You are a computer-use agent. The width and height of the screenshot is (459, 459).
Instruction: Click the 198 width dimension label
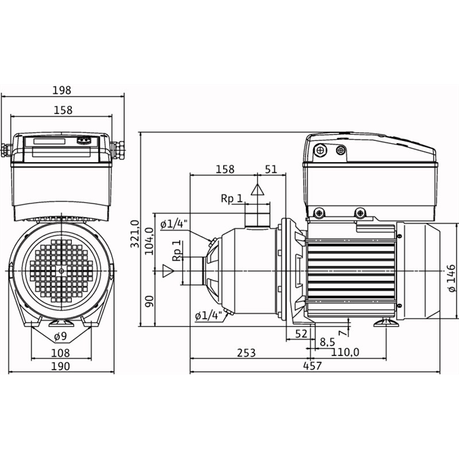click(62, 90)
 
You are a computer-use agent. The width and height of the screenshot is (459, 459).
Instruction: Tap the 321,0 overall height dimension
click(135, 234)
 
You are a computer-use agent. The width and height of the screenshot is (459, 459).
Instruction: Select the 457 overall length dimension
click(313, 365)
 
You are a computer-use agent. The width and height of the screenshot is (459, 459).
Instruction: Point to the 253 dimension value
click(246, 353)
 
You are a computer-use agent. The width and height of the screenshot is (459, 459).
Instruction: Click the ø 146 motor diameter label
click(452, 278)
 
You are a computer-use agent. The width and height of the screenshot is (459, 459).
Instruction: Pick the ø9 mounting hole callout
click(60, 337)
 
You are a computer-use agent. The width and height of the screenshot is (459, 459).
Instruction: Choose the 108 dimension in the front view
click(60, 353)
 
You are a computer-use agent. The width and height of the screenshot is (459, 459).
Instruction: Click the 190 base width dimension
click(60, 366)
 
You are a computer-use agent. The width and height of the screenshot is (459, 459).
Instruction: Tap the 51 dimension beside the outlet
click(271, 169)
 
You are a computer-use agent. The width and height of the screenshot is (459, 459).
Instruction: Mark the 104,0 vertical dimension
click(149, 241)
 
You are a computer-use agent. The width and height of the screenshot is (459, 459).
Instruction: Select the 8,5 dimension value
click(327, 342)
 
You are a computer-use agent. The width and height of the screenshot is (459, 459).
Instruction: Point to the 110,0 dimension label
click(345, 352)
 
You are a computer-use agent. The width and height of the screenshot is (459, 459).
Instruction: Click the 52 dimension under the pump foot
click(301, 334)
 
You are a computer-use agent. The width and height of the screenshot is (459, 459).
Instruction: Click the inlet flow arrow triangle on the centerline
click(168, 271)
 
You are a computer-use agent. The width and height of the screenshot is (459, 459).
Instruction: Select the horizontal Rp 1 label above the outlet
click(232, 199)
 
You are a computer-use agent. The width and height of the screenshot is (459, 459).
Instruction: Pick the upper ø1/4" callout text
click(174, 224)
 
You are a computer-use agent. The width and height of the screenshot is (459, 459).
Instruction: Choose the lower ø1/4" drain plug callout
click(208, 316)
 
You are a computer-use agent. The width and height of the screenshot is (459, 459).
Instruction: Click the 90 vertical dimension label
click(149, 301)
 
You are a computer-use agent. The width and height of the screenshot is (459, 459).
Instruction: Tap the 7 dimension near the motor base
click(342, 333)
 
